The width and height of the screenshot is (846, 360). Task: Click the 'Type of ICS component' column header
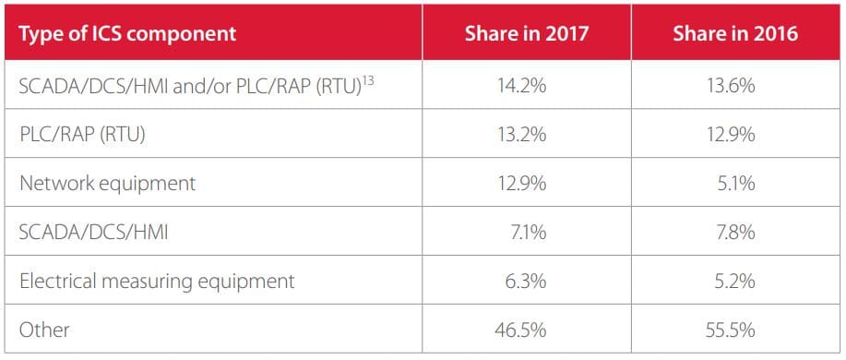[x=127, y=33]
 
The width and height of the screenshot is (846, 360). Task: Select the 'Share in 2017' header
[x=526, y=33]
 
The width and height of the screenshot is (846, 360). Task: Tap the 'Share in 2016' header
[x=735, y=33]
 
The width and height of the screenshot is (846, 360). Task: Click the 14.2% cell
[x=519, y=86]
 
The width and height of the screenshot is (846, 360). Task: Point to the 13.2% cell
[x=519, y=135]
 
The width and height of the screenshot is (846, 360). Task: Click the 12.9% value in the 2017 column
[x=519, y=184]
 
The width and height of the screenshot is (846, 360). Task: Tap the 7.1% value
[x=527, y=233]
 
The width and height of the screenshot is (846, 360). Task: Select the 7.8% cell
[x=734, y=233]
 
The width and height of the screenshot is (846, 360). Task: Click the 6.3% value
[x=526, y=282]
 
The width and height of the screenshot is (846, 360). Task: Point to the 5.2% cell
[x=734, y=282]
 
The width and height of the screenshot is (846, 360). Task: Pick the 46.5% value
[x=519, y=330]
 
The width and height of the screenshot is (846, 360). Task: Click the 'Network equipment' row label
[x=107, y=184]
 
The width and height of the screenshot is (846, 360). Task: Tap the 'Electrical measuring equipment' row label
[x=157, y=282]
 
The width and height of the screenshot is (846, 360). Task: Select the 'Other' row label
[x=44, y=330]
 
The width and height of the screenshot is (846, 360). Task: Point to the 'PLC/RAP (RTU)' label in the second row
[x=82, y=135]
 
